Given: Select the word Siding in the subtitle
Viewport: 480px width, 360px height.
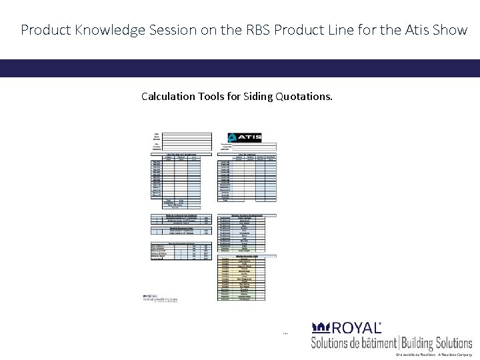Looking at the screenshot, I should pyautogui.click(x=263, y=97).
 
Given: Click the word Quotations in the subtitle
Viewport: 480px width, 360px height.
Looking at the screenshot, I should pyautogui.click(x=307, y=97).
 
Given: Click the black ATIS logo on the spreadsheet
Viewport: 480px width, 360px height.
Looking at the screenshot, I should pyautogui.click(x=244, y=137).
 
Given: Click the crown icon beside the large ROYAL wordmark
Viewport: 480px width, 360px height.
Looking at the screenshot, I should pyautogui.click(x=321, y=328).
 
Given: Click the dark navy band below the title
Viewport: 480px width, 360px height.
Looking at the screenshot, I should pyautogui.click(x=240, y=69).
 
